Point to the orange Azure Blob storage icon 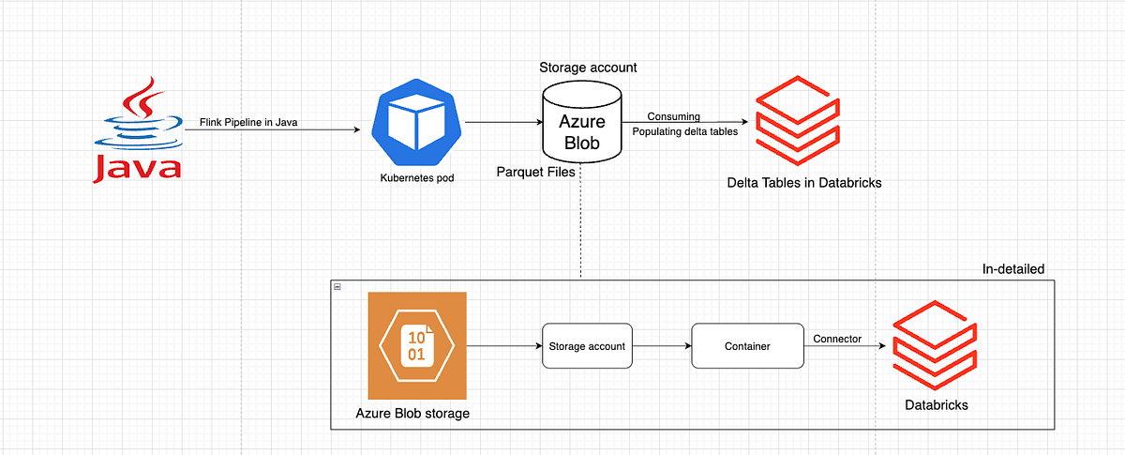point(416,346)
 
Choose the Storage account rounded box point(587,346)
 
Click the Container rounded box point(747,346)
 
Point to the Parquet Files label point(535,173)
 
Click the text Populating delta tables point(684,131)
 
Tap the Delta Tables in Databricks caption point(804,182)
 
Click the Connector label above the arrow point(837,339)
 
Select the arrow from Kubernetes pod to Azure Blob point(503,122)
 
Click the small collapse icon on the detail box point(337,285)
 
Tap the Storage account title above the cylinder point(588,68)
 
